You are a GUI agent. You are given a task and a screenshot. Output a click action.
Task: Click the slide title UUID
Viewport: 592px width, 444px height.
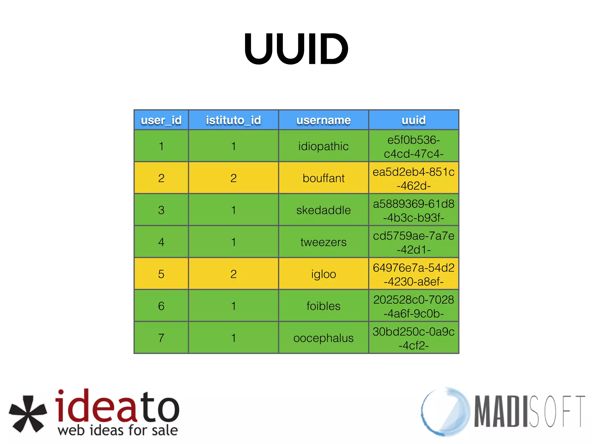click(296, 49)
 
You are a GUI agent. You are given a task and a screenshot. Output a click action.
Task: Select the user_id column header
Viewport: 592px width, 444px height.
click(161, 120)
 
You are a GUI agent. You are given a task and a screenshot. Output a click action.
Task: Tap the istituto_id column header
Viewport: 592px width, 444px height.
click(233, 120)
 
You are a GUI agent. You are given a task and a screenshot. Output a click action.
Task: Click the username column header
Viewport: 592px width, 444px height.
click(323, 120)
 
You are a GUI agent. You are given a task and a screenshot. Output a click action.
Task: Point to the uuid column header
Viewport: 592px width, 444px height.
click(414, 120)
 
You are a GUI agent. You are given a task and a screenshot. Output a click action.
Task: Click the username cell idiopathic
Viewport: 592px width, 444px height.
click(323, 146)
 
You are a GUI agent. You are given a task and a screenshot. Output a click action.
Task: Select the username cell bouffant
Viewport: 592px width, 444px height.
click(323, 178)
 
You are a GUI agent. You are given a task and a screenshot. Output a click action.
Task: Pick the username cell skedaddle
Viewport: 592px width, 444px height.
click(323, 210)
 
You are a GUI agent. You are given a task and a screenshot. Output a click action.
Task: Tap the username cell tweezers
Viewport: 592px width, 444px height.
click(323, 242)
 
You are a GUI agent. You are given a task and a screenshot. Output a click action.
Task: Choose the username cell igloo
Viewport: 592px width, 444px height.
click(323, 274)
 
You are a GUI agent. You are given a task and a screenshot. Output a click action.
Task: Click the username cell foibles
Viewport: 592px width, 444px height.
click(323, 306)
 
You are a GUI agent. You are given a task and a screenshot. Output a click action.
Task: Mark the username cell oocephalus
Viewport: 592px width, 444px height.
click(323, 338)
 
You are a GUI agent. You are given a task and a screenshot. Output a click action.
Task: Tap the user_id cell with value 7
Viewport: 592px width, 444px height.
click(161, 338)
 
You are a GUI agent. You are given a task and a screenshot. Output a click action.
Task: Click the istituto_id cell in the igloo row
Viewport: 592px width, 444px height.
click(233, 274)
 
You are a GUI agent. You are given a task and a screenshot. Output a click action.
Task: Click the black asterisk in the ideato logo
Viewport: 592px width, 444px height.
click(28, 413)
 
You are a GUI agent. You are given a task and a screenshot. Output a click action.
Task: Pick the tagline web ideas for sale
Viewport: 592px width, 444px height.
click(118, 430)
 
